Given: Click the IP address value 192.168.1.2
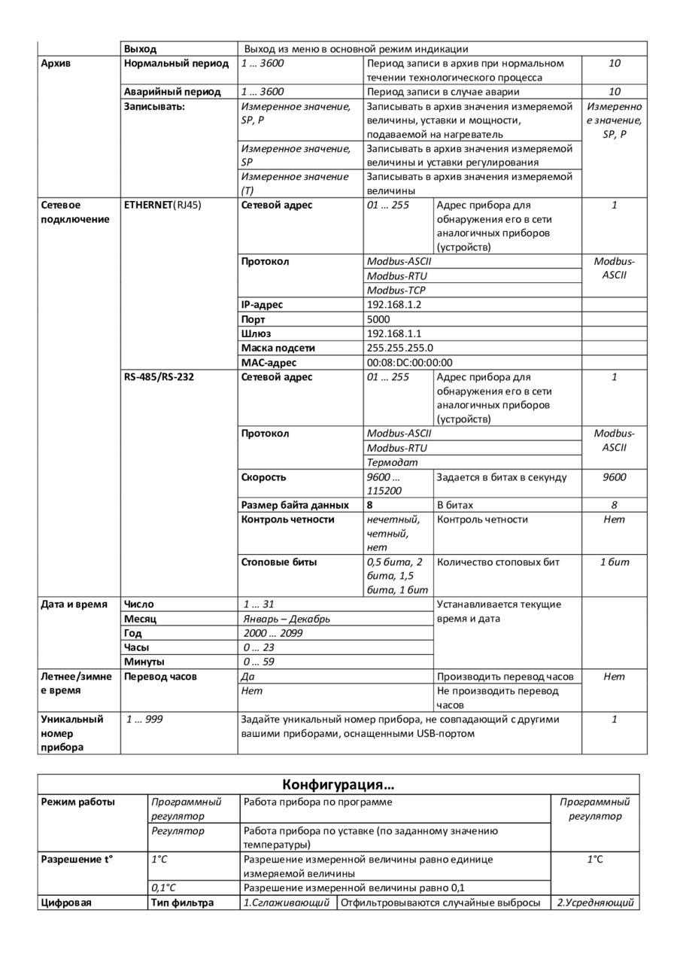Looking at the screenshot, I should (x=394, y=305).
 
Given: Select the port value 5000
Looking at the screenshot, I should (x=378, y=319).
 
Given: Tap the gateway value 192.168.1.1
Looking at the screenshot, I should (x=394, y=333).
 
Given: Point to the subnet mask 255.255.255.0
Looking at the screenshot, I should (x=399, y=348).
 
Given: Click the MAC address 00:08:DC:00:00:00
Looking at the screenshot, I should (x=409, y=362).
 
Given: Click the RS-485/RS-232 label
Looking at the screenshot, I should (x=159, y=376).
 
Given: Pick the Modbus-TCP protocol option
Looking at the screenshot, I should (x=396, y=291).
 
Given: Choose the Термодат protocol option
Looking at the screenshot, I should (x=392, y=462).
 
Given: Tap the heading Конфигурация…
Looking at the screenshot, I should (x=338, y=785).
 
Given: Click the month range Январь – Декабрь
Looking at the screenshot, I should (x=287, y=619).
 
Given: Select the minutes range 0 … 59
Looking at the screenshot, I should (x=259, y=662).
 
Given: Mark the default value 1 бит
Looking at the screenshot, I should (x=614, y=562).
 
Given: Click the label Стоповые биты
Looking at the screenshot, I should (x=279, y=562).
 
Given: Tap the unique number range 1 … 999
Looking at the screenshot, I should (x=144, y=719).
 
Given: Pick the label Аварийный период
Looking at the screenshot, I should (x=172, y=92).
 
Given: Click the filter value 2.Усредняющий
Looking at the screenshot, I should (x=595, y=902).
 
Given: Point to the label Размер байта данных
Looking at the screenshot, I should (x=295, y=505).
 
